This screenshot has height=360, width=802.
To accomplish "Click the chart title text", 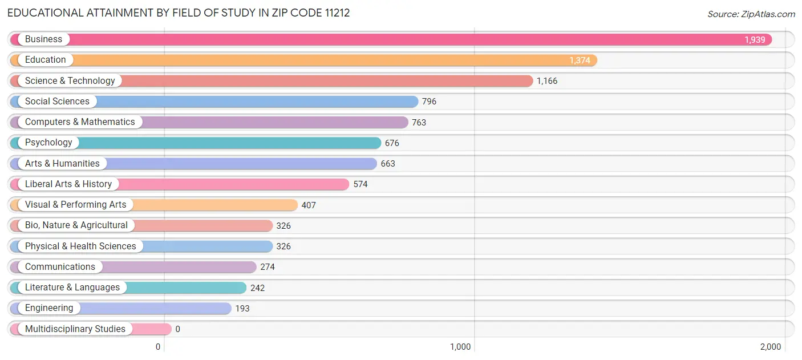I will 179,13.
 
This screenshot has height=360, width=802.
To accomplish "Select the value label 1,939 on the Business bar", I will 755,40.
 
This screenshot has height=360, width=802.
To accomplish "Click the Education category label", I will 45,60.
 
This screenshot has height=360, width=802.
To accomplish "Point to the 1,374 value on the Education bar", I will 580,60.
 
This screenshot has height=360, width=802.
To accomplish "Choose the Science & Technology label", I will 70,80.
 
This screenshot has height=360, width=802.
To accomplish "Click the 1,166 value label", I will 546,81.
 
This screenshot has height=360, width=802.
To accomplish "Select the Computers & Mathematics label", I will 80,122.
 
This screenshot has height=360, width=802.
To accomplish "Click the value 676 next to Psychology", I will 392,143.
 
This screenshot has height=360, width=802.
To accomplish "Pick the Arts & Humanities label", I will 62,164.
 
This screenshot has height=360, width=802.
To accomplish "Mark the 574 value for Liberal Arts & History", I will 360,184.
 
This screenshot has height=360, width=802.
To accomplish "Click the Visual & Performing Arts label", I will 75,205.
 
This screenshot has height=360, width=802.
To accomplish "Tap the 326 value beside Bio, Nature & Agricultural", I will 283,226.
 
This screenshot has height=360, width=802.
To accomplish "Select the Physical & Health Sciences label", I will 80,246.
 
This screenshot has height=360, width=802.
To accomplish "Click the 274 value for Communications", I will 267,267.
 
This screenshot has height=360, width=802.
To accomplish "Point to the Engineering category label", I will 49,308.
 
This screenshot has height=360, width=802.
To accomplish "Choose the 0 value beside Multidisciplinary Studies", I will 177,329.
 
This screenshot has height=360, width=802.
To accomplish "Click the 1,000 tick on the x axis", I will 460,347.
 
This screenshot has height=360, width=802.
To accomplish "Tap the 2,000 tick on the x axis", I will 770,347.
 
